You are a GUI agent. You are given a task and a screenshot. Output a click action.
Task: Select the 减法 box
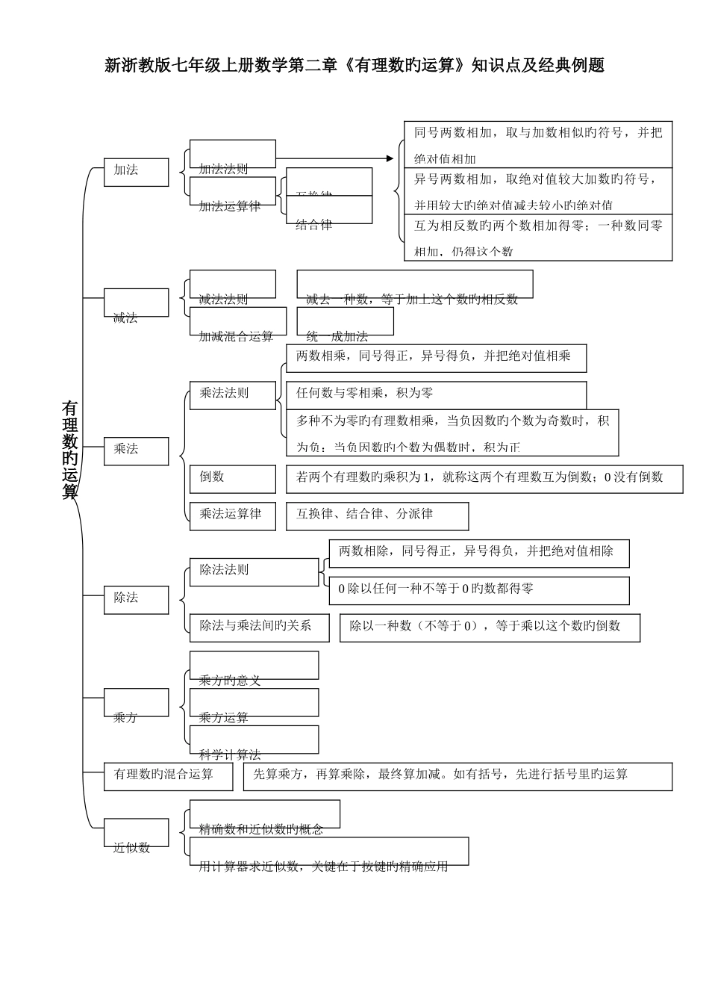136,303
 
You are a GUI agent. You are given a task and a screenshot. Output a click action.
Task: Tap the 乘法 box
136,450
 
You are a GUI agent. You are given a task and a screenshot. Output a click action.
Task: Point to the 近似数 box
136,834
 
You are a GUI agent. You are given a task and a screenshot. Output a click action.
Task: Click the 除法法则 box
254,571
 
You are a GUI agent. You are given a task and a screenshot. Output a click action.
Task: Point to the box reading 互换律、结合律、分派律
377,515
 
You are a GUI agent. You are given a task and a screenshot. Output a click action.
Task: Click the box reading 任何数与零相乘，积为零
436,394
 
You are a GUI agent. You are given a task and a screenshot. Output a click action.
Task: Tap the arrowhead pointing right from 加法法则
389,158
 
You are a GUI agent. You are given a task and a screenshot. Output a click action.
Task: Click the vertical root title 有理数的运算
69,450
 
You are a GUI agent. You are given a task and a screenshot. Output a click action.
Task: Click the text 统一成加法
337,336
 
